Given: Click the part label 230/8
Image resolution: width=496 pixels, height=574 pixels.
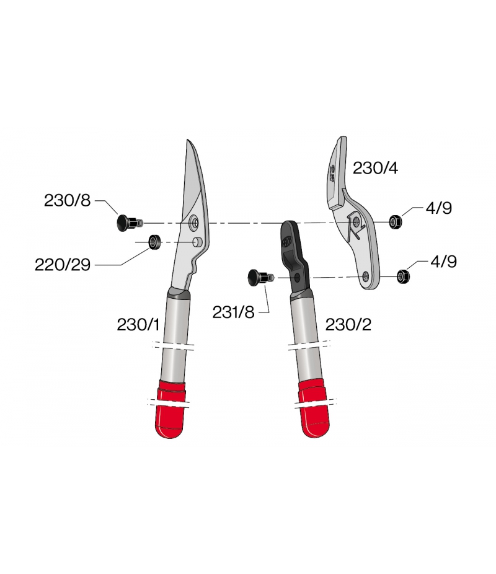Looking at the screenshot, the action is pyautogui.click(x=67, y=201).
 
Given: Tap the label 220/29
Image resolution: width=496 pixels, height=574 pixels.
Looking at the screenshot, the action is pyautogui.click(x=63, y=265).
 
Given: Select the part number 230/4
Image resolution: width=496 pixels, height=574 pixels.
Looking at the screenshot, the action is pyautogui.click(x=375, y=168).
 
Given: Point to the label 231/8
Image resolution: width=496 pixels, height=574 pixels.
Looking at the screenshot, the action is pyautogui.click(x=233, y=312).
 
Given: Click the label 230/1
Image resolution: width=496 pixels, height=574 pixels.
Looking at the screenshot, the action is pyautogui.click(x=138, y=324).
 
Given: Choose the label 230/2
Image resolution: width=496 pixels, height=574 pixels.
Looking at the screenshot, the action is pyautogui.click(x=348, y=324).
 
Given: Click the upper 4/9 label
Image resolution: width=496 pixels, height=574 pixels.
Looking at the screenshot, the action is pyautogui.click(x=438, y=208).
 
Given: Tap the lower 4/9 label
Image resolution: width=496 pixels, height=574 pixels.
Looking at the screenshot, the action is pyautogui.click(x=444, y=262).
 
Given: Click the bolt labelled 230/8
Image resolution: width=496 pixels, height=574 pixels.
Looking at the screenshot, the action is pyautogui.click(x=130, y=223).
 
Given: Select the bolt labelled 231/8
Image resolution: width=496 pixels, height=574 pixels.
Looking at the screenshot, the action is pyautogui.click(x=260, y=278).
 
